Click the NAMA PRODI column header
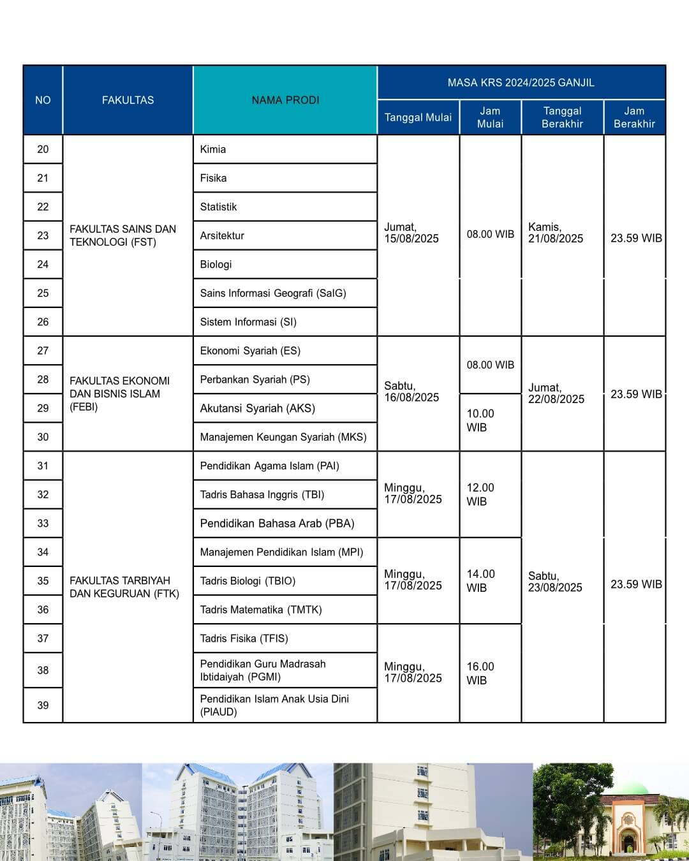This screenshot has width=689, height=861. [285, 100]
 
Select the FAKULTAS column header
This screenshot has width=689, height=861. [128, 100]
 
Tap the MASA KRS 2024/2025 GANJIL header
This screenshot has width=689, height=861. [521, 83]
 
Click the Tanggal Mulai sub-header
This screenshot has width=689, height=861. [418, 117]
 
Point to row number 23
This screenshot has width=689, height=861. [43, 235]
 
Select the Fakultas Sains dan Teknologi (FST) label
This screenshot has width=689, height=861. [122, 235]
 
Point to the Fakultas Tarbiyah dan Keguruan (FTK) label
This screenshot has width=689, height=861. [124, 587]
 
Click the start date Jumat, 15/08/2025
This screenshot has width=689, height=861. [411, 233]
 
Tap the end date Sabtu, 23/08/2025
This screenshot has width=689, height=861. [555, 582]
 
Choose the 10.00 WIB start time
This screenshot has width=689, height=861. [480, 420]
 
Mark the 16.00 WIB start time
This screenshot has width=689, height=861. [480, 673]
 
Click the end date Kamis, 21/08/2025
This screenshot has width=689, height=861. [556, 233]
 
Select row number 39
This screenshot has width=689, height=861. [43, 705]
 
